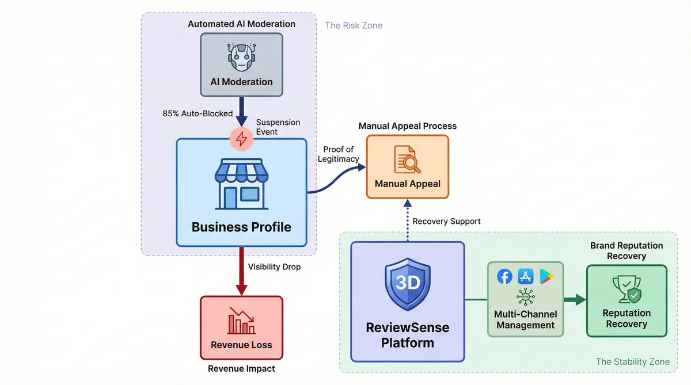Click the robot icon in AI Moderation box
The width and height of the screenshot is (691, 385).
241,56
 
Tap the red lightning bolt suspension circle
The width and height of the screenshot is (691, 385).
241,138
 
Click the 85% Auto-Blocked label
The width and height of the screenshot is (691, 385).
198,113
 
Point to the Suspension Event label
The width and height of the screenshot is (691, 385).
278,127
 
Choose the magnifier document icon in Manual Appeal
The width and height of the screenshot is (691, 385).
407,159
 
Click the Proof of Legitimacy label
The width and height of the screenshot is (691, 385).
338,154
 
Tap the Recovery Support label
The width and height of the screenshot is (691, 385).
446,221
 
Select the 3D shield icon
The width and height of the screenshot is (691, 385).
407,284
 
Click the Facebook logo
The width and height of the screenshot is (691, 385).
504,277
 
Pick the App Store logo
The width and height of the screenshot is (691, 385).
526,277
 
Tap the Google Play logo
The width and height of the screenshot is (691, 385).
546,277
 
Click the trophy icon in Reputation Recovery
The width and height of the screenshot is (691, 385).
626,289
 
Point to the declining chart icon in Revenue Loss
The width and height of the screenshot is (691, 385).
241,321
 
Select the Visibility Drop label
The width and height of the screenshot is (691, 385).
274,267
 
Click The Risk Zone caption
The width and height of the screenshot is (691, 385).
354,25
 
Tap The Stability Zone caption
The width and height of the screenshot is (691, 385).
632,362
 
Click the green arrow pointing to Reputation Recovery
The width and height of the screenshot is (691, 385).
574,299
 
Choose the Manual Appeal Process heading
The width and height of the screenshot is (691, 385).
407,126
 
